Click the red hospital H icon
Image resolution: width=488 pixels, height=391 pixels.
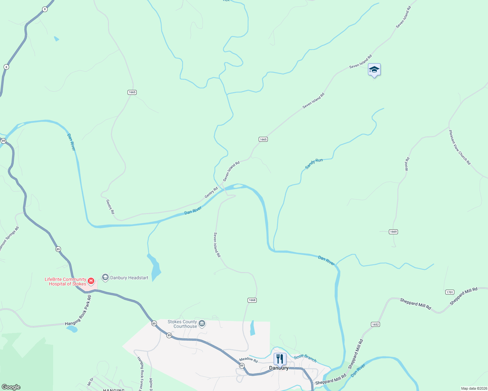point(91,281)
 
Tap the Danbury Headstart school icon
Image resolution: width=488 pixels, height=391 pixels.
point(105,277)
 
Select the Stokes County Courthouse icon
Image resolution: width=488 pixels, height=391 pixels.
point(202,323)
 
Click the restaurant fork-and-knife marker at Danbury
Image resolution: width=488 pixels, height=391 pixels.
point(280,359)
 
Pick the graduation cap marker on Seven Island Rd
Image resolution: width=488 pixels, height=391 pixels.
point(374,70)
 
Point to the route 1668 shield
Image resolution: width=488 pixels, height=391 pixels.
point(252,300)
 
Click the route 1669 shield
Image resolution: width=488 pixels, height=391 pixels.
point(393,232)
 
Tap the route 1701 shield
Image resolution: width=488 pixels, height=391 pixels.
point(450,292)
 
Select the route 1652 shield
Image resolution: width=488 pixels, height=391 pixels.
point(375,324)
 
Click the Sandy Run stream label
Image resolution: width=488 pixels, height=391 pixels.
point(314,164)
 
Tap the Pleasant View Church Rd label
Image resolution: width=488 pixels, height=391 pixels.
point(460,147)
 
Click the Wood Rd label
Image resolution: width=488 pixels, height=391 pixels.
point(407,164)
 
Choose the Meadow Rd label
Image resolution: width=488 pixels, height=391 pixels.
point(249,360)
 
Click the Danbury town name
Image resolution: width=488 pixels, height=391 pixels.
point(279,368)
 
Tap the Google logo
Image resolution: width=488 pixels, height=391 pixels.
point(11,387)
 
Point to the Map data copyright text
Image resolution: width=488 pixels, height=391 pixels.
point(473,388)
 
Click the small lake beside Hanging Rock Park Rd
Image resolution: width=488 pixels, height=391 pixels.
point(72,329)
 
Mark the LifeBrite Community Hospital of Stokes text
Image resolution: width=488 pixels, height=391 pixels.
point(66,282)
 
